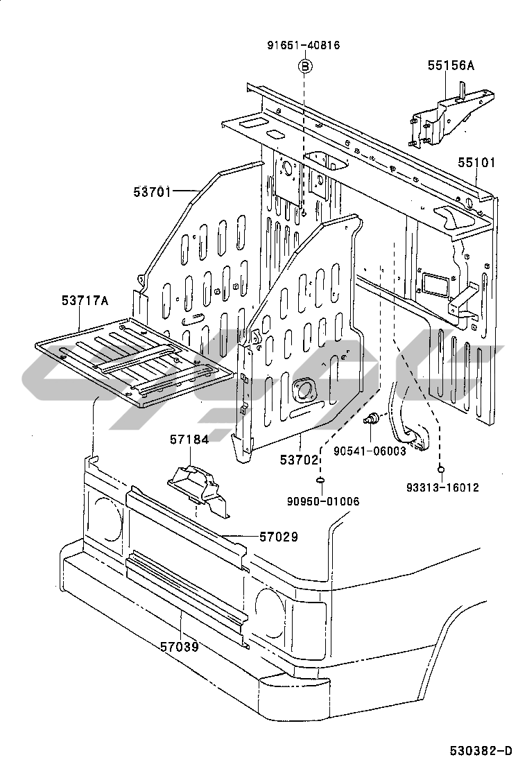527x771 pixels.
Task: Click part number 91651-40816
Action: pos(304,46)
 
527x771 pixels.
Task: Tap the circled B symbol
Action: pos(305,66)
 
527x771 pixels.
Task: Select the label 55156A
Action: pos(451,65)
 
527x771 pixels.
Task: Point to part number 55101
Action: pos(476,162)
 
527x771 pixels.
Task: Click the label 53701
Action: pos(153,192)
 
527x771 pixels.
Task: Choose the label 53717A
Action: pos(85,300)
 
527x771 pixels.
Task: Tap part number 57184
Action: pos(189,440)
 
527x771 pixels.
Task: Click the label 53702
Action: pos(299,460)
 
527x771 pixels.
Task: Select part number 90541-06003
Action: pos(370,451)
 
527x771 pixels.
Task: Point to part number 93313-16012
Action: pos(442,487)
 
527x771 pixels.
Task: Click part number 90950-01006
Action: pos(323,501)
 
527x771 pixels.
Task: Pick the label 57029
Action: pos(279,537)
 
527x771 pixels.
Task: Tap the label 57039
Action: pos(180,647)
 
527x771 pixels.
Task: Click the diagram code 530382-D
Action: pos(481,751)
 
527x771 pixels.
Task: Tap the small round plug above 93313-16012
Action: pos(442,469)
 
